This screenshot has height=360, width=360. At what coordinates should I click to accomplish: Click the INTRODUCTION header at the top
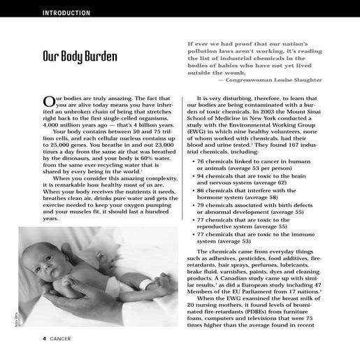coord(66,13)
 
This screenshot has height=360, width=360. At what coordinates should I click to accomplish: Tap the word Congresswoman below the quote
coord(247,80)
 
